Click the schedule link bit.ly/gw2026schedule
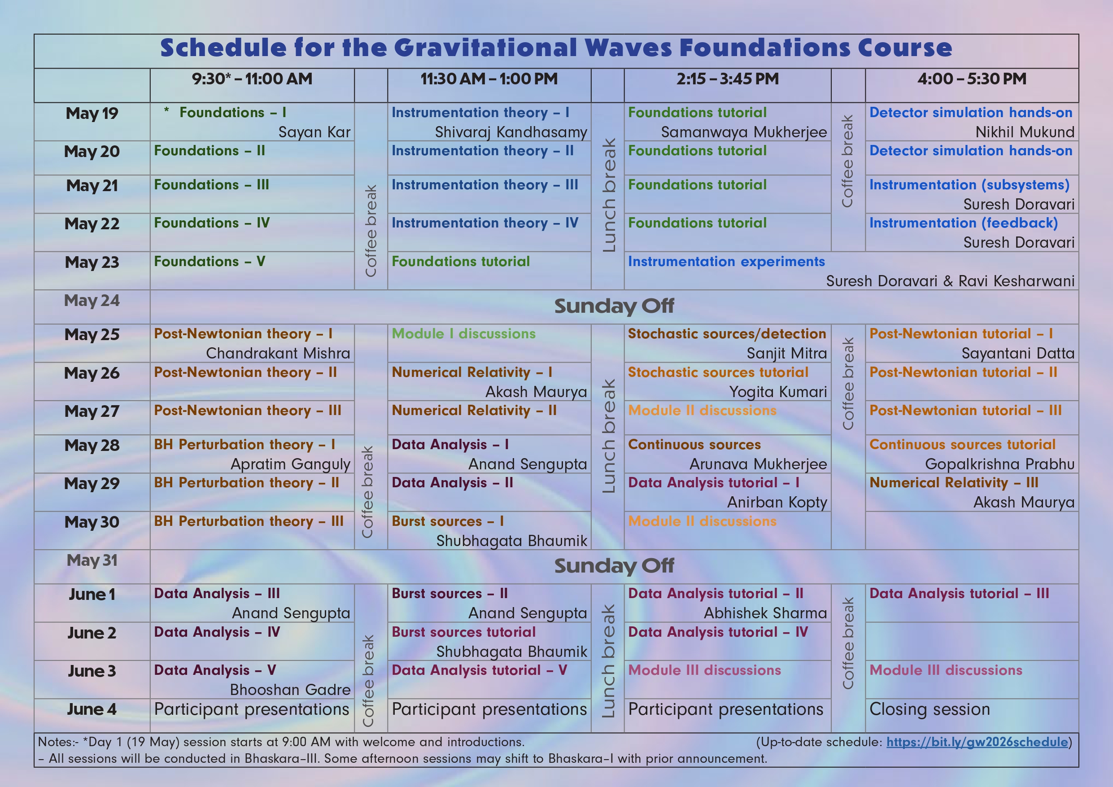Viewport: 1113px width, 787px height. point(977,742)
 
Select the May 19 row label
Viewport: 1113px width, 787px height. point(92,114)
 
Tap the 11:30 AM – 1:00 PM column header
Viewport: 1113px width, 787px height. point(489,79)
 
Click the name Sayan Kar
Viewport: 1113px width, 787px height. point(314,132)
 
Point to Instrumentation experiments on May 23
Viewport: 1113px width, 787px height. point(726,262)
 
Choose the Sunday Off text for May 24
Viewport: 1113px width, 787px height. point(614,306)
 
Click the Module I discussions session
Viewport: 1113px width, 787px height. point(463,334)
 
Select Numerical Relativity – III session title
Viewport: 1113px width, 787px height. point(953,482)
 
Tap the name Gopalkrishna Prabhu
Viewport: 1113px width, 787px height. point(1000,464)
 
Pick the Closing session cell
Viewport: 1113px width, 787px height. point(929,709)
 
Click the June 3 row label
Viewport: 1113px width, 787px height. point(92,671)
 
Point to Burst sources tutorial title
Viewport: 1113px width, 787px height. point(463,632)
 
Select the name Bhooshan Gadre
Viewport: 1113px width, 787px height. point(290,690)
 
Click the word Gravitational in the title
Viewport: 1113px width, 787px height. point(485,48)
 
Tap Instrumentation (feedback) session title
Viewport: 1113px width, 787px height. point(963,223)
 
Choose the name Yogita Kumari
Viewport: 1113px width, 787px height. point(778,392)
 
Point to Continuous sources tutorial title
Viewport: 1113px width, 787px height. point(962,444)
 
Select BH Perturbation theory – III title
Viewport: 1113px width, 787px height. point(249,521)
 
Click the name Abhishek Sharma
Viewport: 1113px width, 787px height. point(765,613)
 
